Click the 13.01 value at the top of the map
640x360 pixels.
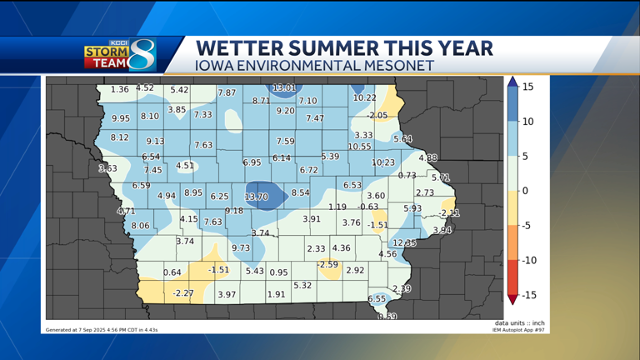tap(284, 87)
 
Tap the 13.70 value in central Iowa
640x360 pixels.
tap(256, 197)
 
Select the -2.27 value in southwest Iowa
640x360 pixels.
tap(182, 293)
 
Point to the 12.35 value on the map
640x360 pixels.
tap(404, 243)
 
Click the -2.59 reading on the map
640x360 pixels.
tap(327, 265)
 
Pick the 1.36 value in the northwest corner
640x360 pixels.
tap(119, 89)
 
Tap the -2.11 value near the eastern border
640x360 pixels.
tap(449, 213)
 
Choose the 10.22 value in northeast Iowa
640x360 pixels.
tap(365, 97)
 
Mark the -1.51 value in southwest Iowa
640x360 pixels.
tap(218, 270)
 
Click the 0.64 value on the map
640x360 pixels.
tap(172, 272)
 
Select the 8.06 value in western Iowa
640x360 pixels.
tap(140, 226)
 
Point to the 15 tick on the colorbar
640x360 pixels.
tap(527, 87)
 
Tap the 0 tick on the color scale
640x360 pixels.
tap(525, 191)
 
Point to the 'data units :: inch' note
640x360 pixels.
tap(519, 323)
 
